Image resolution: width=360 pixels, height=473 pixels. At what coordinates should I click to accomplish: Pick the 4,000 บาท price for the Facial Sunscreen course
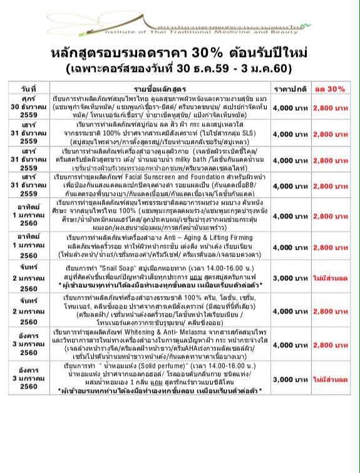(291, 186)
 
